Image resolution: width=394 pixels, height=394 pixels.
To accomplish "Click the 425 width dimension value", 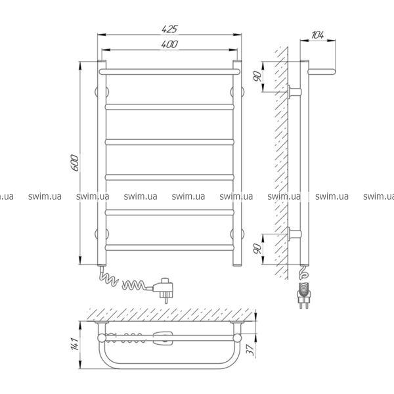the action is (x=169, y=29).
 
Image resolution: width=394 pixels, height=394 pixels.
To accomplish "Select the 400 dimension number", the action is (x=169, y=44).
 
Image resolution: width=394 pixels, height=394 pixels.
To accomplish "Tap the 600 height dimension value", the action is (x=75, y=163).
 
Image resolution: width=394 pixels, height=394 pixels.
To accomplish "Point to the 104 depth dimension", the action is (x=318, y=35).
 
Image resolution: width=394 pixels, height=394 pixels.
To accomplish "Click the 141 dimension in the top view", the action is (x=75, y=344).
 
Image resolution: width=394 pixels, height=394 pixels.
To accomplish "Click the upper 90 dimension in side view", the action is (x=257, y=76).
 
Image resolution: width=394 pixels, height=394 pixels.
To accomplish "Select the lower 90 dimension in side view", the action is (x=257, y=248).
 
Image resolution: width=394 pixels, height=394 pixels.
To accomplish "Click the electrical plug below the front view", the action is (x=163, y=289).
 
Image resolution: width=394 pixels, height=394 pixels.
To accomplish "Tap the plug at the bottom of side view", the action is (x=304, y=295).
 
